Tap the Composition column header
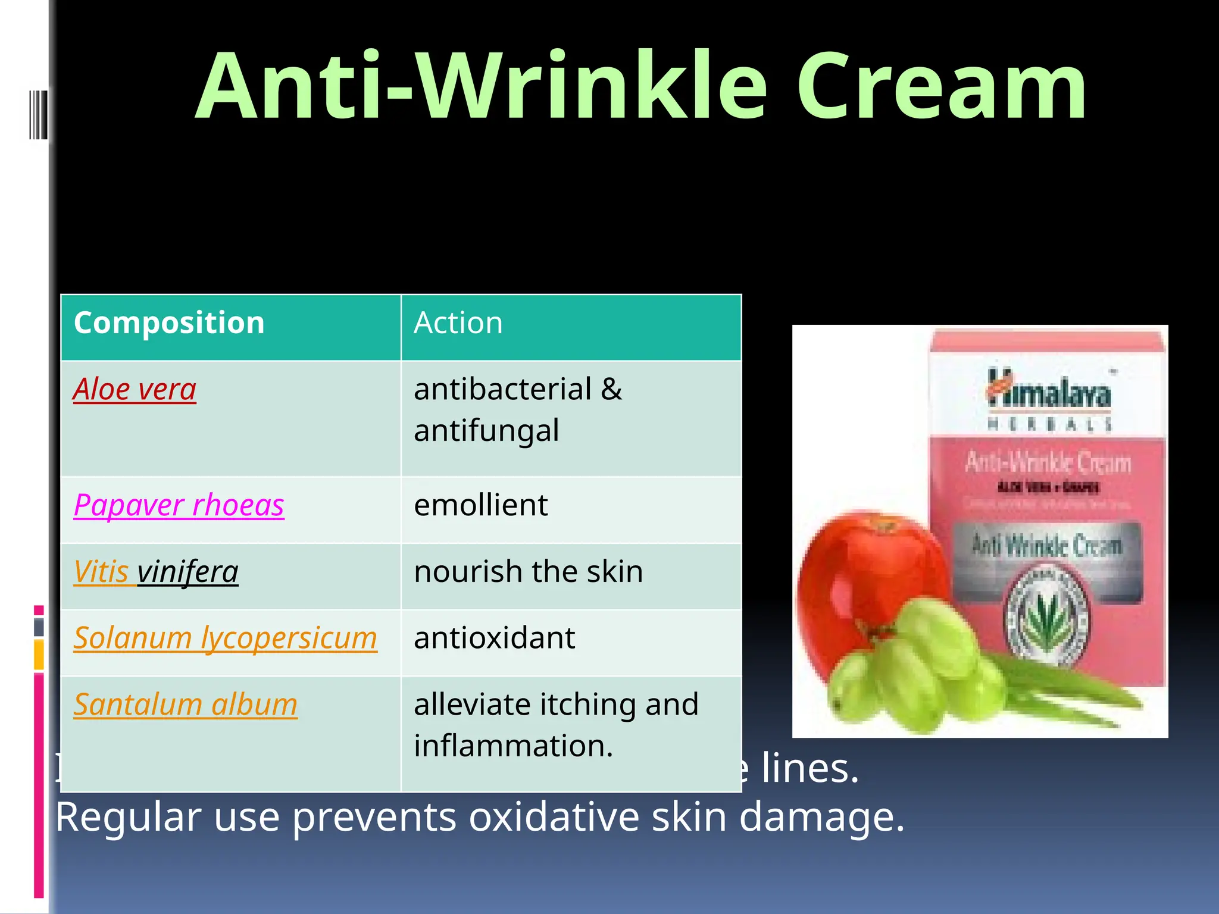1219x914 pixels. (169, 323)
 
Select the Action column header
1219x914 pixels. (458, 323)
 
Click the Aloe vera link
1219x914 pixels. (135, 390)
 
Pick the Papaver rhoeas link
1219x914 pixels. (179, 505)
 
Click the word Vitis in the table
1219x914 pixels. (101, 572)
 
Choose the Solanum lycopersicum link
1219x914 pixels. (225, 638)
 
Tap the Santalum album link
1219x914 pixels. (185, 705)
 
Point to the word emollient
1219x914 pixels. (480, 505)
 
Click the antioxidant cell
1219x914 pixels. (494, 638)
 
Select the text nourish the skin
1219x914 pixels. (528, 572)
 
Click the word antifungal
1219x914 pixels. (486, 431)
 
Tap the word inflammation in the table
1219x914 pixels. (512, 746)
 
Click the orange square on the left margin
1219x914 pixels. (39, 655)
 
